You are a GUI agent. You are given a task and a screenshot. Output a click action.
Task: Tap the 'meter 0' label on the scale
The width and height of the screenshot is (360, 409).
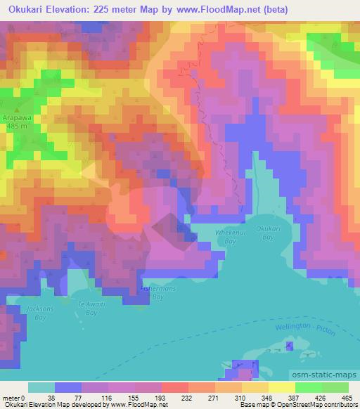point(13,397)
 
